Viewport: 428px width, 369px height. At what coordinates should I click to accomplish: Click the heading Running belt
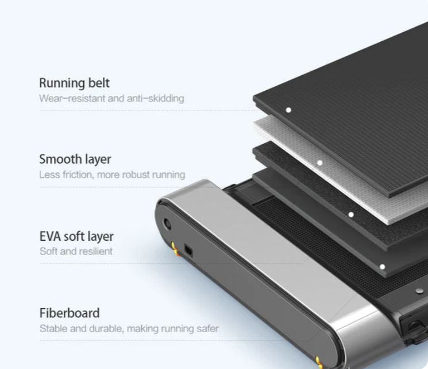pyautogui.click(x=74, y=83)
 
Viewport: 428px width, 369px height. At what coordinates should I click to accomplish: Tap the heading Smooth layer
pyautogui.click(x=75, y=160)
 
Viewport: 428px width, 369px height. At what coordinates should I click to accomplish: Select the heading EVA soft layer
pyautogui.click(x=76, y=237)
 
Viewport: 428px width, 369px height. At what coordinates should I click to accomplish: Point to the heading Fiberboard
pyautogui.click(x=70, y=313)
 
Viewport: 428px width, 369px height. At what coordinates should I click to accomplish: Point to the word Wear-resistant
pyautogui.click(x=72, y=98)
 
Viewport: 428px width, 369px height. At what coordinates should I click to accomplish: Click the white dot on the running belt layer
pyautogui.click(x=288, y=110)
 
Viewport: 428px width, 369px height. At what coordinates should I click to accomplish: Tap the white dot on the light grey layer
pyautogui.click(x=319, y=163)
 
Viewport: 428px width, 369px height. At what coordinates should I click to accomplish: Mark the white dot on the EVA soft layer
pyautogui.click(x=351, y=215)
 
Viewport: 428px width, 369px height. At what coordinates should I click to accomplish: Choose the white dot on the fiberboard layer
pyautogui.click(x=383, y=267)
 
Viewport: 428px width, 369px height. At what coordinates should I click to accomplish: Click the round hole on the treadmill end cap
pyautogui.click(x=167, y=225)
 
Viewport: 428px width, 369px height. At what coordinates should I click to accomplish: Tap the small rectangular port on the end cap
pyautogui.click(x=188, y=250)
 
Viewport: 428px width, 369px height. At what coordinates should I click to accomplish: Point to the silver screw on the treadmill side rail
pyautogui.click(x=419, y=291)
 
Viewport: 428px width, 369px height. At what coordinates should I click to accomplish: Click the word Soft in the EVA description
pyautogui.click(x=48, y=251)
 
